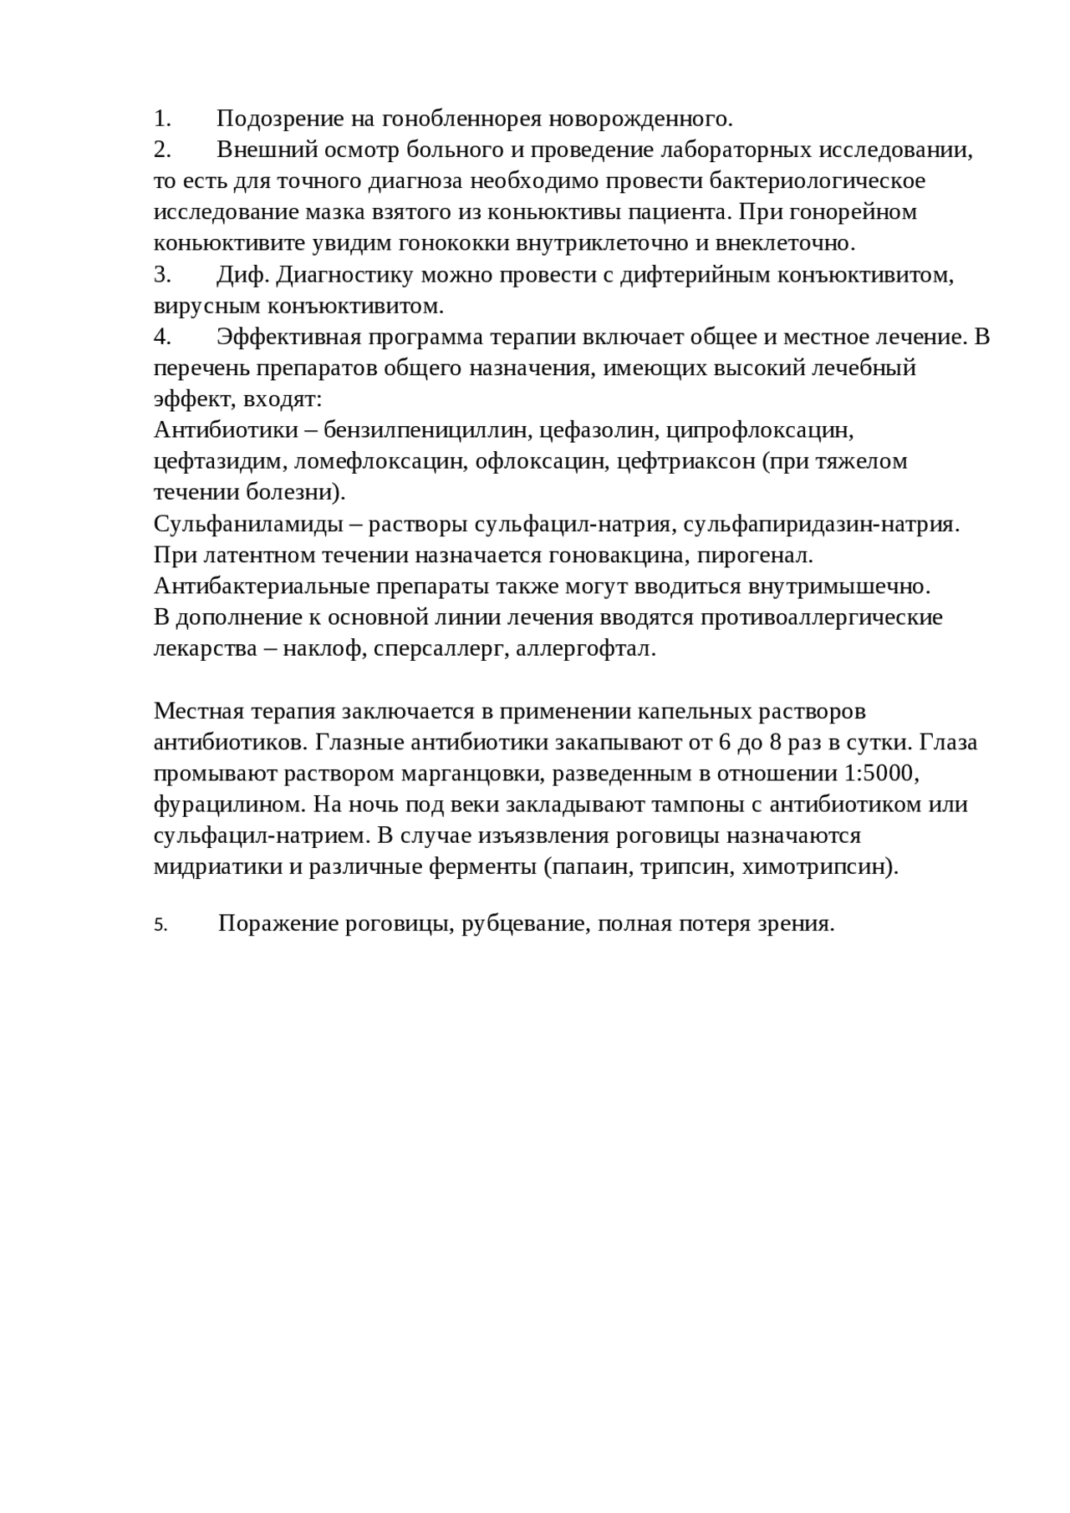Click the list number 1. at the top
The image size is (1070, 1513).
(x=162, y=119)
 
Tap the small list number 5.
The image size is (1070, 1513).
(x=160, y=926)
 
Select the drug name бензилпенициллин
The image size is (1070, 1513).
(x=426, y=430)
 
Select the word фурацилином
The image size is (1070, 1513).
(x=229, y=805)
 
